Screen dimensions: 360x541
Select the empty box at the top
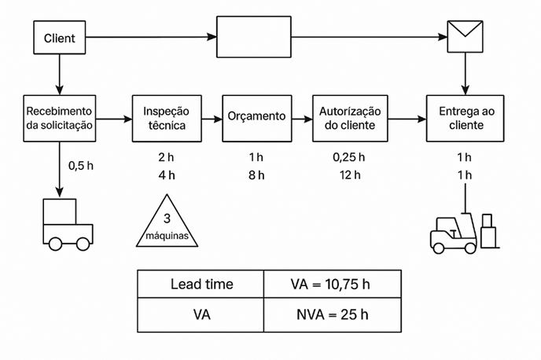252,38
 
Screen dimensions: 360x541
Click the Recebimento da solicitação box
60,118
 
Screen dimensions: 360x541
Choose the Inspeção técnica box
166,118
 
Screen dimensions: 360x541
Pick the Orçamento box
256,117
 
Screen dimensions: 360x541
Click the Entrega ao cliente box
464,118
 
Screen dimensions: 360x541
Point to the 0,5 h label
80,166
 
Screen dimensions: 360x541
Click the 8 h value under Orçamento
256,174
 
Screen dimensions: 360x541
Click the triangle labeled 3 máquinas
166,222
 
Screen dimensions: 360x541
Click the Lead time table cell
201,285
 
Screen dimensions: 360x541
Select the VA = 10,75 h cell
332,285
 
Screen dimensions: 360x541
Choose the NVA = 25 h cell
332,315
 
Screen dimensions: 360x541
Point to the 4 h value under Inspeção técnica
166,174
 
